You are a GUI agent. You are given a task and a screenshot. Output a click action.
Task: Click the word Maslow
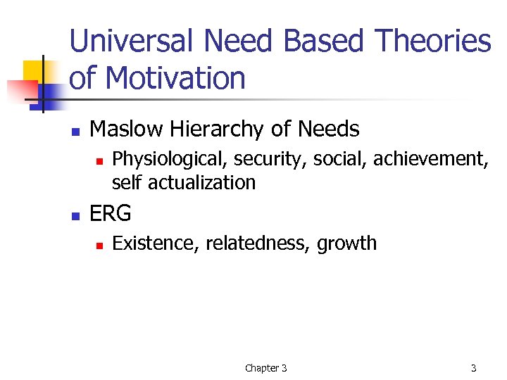pyautogui.click(x=124, y=129)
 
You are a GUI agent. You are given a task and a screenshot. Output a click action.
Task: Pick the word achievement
pyautogui.click(x=430, y=160)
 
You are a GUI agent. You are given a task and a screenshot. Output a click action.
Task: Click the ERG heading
pyautogui.click(x=111, y=213)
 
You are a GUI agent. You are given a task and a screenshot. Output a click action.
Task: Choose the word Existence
pyautogui.click(x=156, y=243)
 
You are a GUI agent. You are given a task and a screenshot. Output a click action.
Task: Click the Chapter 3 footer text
pyautogui.click(x=265, y=368)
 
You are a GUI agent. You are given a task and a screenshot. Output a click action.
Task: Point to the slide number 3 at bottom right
pyautogui.click(x=473, y=368)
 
